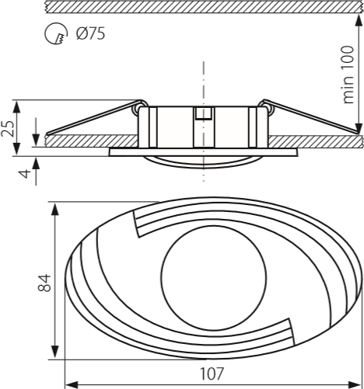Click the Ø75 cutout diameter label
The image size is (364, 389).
(91, 33)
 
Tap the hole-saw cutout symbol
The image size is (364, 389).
(56, 33)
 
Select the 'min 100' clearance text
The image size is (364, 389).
(348, 75)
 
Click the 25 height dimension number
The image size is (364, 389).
(7, 128)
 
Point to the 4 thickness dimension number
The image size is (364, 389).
(25, 173)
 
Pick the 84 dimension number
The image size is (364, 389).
(44, 283)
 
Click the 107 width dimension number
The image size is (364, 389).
(212, 373)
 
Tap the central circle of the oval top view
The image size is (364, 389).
(213, 278)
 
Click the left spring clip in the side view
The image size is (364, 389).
(96, 117)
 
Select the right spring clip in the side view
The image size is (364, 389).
(310, 116)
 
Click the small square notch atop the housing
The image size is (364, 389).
(204, 113)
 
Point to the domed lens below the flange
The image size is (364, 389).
(203, 162)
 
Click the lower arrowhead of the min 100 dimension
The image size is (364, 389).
(359, 128)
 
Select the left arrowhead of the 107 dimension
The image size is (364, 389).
(72, 384)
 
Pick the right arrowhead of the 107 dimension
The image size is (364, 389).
(355, 384)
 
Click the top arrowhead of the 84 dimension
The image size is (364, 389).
(54, 209)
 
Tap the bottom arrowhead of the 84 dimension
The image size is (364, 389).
(54, 352)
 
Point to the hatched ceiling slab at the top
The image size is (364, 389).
(204, 6)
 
